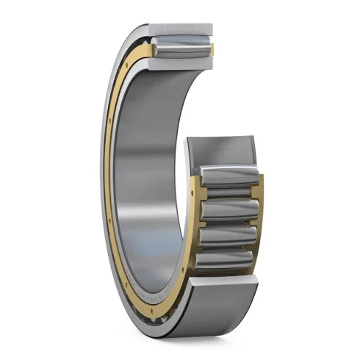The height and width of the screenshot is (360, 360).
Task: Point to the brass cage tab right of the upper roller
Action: [211, 50]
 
